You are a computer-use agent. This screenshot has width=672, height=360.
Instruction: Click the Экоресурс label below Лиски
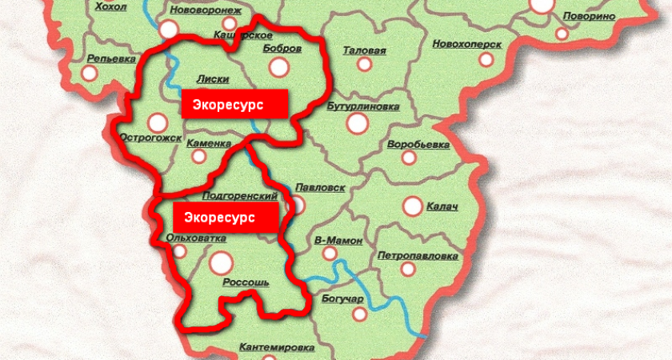(234, 104)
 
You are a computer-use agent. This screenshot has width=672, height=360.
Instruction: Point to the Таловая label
(364, 50)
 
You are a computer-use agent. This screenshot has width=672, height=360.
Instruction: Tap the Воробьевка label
(418, 146)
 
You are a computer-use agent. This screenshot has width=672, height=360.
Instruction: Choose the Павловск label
(320, 187)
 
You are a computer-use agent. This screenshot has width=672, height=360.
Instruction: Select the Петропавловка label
(418, 257)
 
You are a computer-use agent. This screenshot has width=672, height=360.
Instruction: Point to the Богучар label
(343, 299)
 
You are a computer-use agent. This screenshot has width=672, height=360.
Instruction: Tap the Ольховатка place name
(195, 238)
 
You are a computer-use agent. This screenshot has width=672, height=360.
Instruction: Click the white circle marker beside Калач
(412, 206)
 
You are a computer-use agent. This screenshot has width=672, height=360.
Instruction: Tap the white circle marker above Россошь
(220, 261)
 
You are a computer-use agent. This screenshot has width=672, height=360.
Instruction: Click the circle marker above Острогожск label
(158, 122)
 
